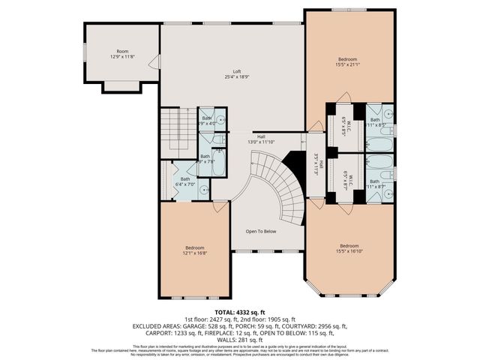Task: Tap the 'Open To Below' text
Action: (261, 231)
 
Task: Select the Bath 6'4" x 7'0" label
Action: (184, 181)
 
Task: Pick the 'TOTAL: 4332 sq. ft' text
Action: (240, 311)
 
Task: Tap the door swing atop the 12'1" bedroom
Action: (220, 205)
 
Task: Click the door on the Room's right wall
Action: (155, 61)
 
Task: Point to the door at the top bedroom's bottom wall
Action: (342, 97)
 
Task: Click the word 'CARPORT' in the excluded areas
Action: (147, 332)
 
